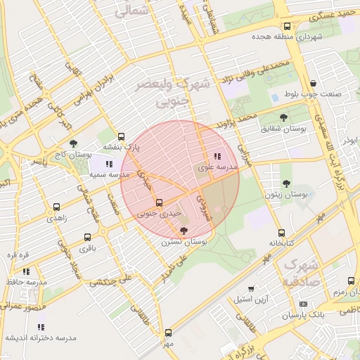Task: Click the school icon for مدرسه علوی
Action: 217,156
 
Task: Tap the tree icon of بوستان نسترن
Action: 184,230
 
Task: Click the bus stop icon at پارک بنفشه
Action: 122,137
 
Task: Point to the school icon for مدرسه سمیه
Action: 108,163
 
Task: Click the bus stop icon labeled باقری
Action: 87,237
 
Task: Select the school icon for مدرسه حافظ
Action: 26,271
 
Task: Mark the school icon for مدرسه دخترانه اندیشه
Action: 40,327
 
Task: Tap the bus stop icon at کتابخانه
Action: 281,233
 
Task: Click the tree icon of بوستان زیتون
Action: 285,183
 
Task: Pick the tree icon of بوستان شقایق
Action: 284,118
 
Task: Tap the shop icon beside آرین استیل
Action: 252,288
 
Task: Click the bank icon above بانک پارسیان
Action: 303,304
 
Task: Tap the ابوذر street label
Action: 350,140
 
